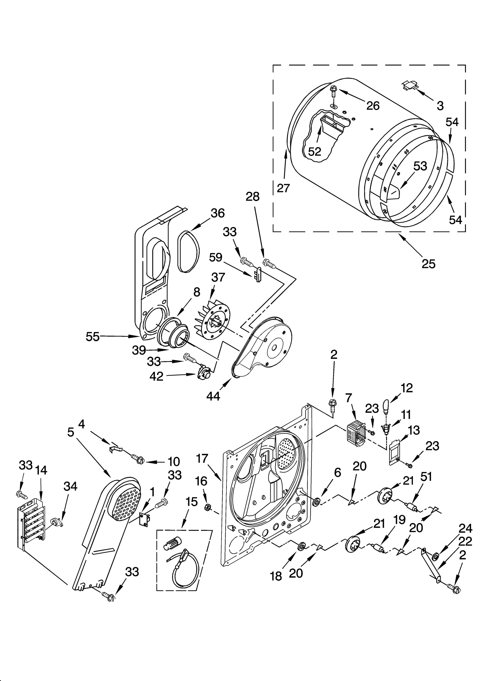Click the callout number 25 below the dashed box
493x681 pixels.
pyautogui.click(x=428, y=264)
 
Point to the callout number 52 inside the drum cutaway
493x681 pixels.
pyautogui.click(x=315, y=151)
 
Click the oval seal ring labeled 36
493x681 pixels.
pyautogui.click(x=187, y=251)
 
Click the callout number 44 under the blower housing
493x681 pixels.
pyautogui.click(x=213, y=396)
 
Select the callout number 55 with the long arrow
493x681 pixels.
pyautogui.click(x=92, y=337)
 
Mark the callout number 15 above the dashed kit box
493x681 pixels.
pyautogui.click(x=191, y=502)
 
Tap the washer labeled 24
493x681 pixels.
pyautogui.click(x=435, y=556)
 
